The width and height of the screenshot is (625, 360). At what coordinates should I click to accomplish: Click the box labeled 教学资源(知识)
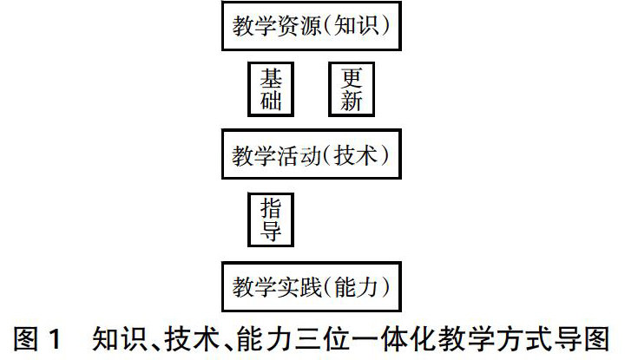click(311, 27)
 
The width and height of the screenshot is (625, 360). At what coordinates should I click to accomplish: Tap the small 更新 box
click(351, 88)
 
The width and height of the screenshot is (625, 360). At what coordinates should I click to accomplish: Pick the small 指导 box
click(271, 220)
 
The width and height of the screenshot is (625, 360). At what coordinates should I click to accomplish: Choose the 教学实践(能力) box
click(311, 285)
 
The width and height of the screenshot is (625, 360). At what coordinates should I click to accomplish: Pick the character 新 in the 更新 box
click(351, 101)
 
